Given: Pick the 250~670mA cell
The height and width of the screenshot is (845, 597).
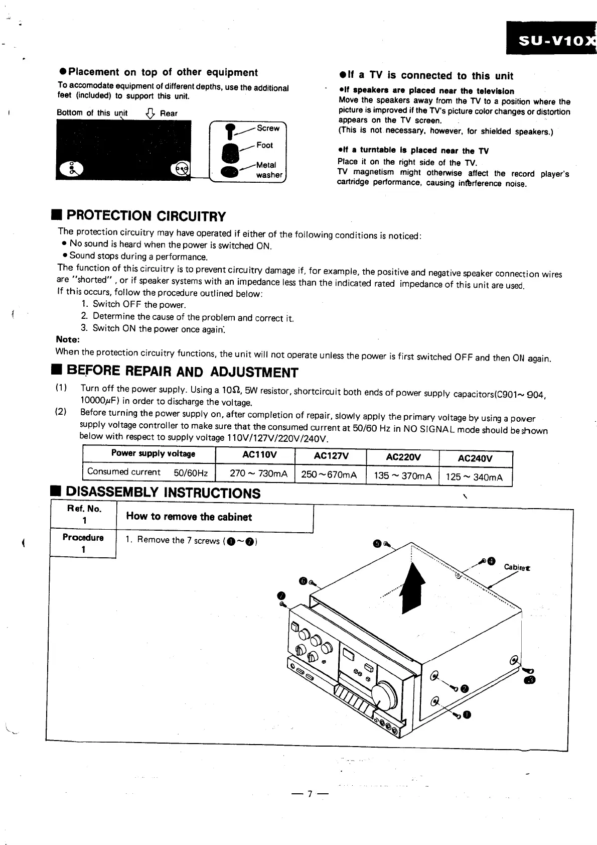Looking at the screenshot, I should [330, 475].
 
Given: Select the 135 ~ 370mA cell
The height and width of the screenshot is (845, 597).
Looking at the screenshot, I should [402, 475].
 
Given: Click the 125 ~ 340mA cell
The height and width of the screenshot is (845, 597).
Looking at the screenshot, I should [474, 476].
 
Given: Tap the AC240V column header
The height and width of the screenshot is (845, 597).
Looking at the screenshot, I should [475, 458].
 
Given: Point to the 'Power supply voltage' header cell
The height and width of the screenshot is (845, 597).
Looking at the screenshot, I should [153, 453].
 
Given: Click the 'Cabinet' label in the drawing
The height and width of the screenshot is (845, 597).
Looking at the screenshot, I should [517, 567].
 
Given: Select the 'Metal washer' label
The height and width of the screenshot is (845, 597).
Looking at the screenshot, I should [268, 170].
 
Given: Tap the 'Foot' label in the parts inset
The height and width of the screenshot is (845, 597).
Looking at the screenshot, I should [264, 145].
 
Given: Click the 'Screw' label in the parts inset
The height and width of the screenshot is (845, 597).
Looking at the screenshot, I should [268, 128].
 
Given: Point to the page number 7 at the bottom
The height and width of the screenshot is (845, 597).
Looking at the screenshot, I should [310, 794].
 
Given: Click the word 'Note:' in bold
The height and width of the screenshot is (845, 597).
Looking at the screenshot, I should [68, 339].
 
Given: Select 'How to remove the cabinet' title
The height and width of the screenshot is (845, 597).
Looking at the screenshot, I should [189, 517].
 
